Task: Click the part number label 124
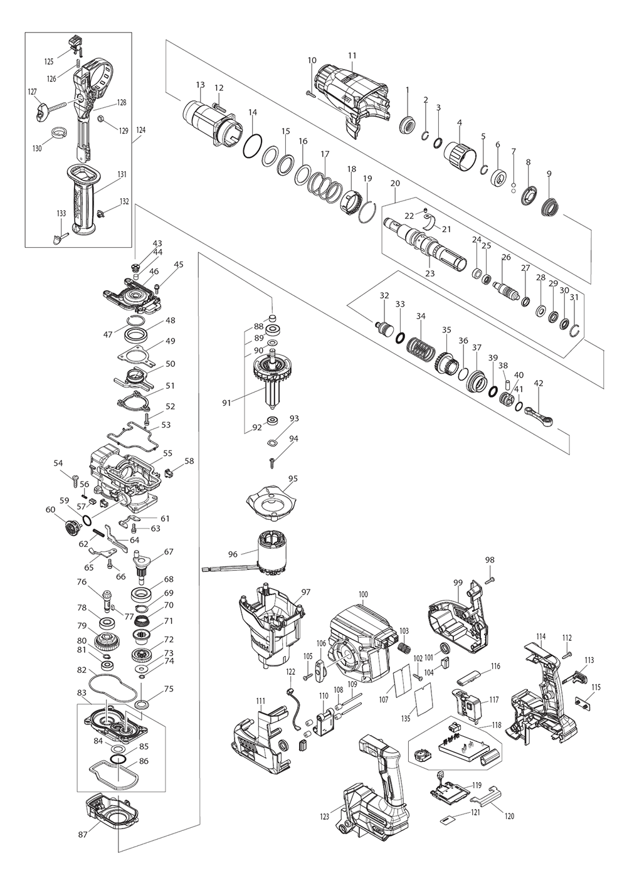point(140,130)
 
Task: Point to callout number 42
point(538,383)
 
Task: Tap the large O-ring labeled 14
point(253,147)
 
